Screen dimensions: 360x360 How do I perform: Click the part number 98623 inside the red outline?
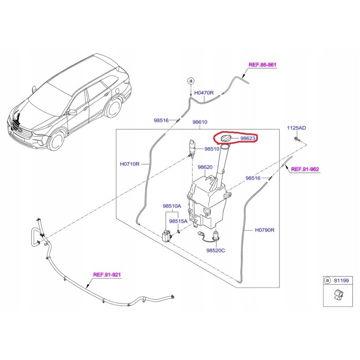tap(247, 139)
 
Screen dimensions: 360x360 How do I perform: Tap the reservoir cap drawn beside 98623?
tap(225, 138)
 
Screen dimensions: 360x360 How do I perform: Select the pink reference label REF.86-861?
tap(262, 65)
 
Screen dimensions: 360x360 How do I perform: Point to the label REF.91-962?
tap(306, 170)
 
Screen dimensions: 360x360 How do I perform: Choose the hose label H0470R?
tap(203, 93)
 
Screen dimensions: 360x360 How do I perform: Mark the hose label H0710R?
tap(130, 164)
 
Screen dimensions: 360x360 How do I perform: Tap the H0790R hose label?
tap(265, 229)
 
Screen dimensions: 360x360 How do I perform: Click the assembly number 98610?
tap(200, 122)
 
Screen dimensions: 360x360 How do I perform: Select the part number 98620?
tap(205, 167)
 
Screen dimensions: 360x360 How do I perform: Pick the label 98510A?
tap(172, 206)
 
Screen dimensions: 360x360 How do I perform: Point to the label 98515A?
tap(178, 221)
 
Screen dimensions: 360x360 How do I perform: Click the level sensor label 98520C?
tap(216, 250)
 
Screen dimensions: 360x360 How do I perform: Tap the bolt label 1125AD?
tap(297, 128)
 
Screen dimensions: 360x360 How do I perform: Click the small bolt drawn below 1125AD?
tap(296, 139)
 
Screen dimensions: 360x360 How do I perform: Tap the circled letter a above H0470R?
tap(190, 81)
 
